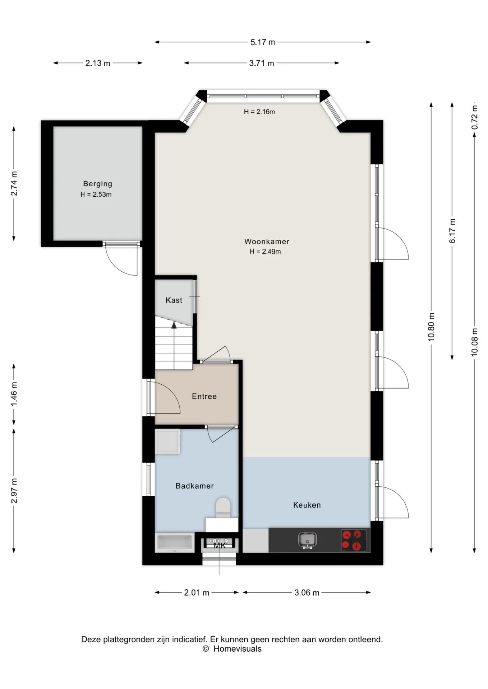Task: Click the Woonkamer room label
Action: [267, 242]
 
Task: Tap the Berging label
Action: [98, 184]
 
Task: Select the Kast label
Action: [174, 300]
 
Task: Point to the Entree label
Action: [204, 397]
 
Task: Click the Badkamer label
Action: [195, 486]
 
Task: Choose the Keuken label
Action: [307, 505]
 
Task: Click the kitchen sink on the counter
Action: [307, 540]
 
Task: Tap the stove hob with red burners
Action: [354, 540]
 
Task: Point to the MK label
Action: [220, 546]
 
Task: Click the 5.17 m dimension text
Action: [263, 42]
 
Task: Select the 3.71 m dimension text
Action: [262, 64]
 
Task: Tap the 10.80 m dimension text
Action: [432, 327]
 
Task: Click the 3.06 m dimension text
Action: [307, 592]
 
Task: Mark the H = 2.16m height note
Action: [259, 112]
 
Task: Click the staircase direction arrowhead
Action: [174, 325]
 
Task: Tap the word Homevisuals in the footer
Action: [238, 649]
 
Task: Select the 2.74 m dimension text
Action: [14, 184]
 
